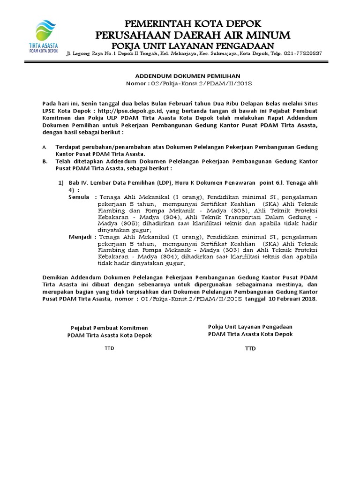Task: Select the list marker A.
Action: pyautogui.click(x=44, y=147)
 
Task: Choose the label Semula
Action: pyautogui.click(x=80, y=198)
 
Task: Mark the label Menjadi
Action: pyautogui.click(x=81, y=237)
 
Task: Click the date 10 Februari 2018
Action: pyautogui.click(x=288, y=299)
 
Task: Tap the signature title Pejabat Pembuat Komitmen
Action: pyautogui.click(x=109, y=327)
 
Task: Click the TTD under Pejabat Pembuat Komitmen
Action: pyautogui.click(x=109, y=348)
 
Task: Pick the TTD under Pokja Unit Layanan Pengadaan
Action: pyautogui.click(x=250, y=348)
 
